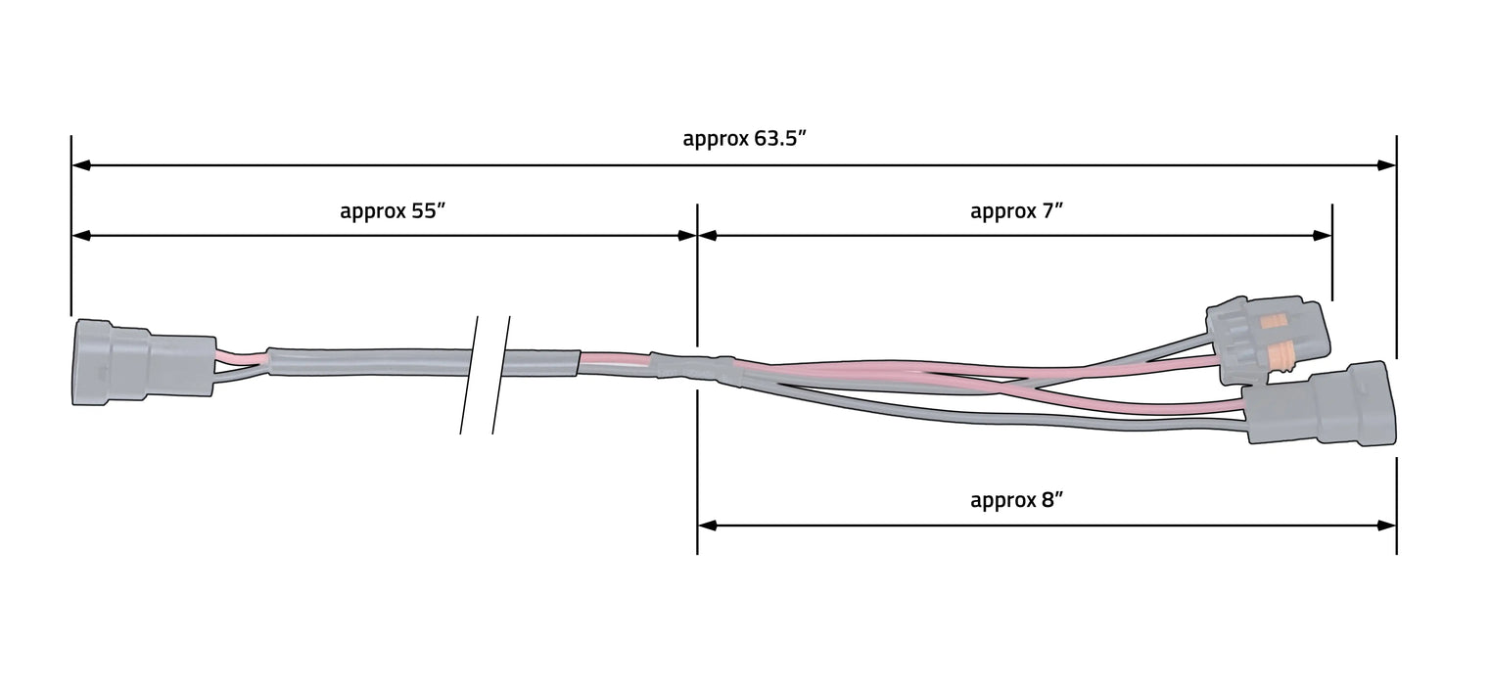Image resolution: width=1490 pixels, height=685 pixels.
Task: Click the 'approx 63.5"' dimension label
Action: point(743,138)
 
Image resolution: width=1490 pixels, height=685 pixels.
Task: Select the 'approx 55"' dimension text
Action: point(393,210)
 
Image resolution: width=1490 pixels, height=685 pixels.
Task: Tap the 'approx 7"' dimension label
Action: point(1016,210)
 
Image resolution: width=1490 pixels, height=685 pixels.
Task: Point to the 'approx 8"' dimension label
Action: point(1016,500)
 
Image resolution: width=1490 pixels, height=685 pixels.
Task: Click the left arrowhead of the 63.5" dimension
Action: point(81,165)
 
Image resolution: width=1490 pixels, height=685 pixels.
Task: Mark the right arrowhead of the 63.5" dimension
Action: point(1387,165)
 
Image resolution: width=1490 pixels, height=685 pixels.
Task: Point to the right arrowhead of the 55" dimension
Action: point(687,236)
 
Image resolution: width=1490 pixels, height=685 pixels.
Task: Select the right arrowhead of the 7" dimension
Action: point(1323,236)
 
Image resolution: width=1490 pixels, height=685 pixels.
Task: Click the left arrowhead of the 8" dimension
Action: point(707,525)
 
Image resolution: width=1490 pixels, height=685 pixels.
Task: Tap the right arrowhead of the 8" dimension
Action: point(1387,525)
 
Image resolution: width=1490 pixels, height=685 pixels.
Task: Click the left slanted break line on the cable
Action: point(469,375)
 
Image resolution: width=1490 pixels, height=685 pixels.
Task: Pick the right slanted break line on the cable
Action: point(500,375)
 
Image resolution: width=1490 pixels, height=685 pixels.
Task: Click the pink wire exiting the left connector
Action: point(240,358)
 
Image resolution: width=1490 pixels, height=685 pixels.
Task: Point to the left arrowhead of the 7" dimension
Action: point(707,236)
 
